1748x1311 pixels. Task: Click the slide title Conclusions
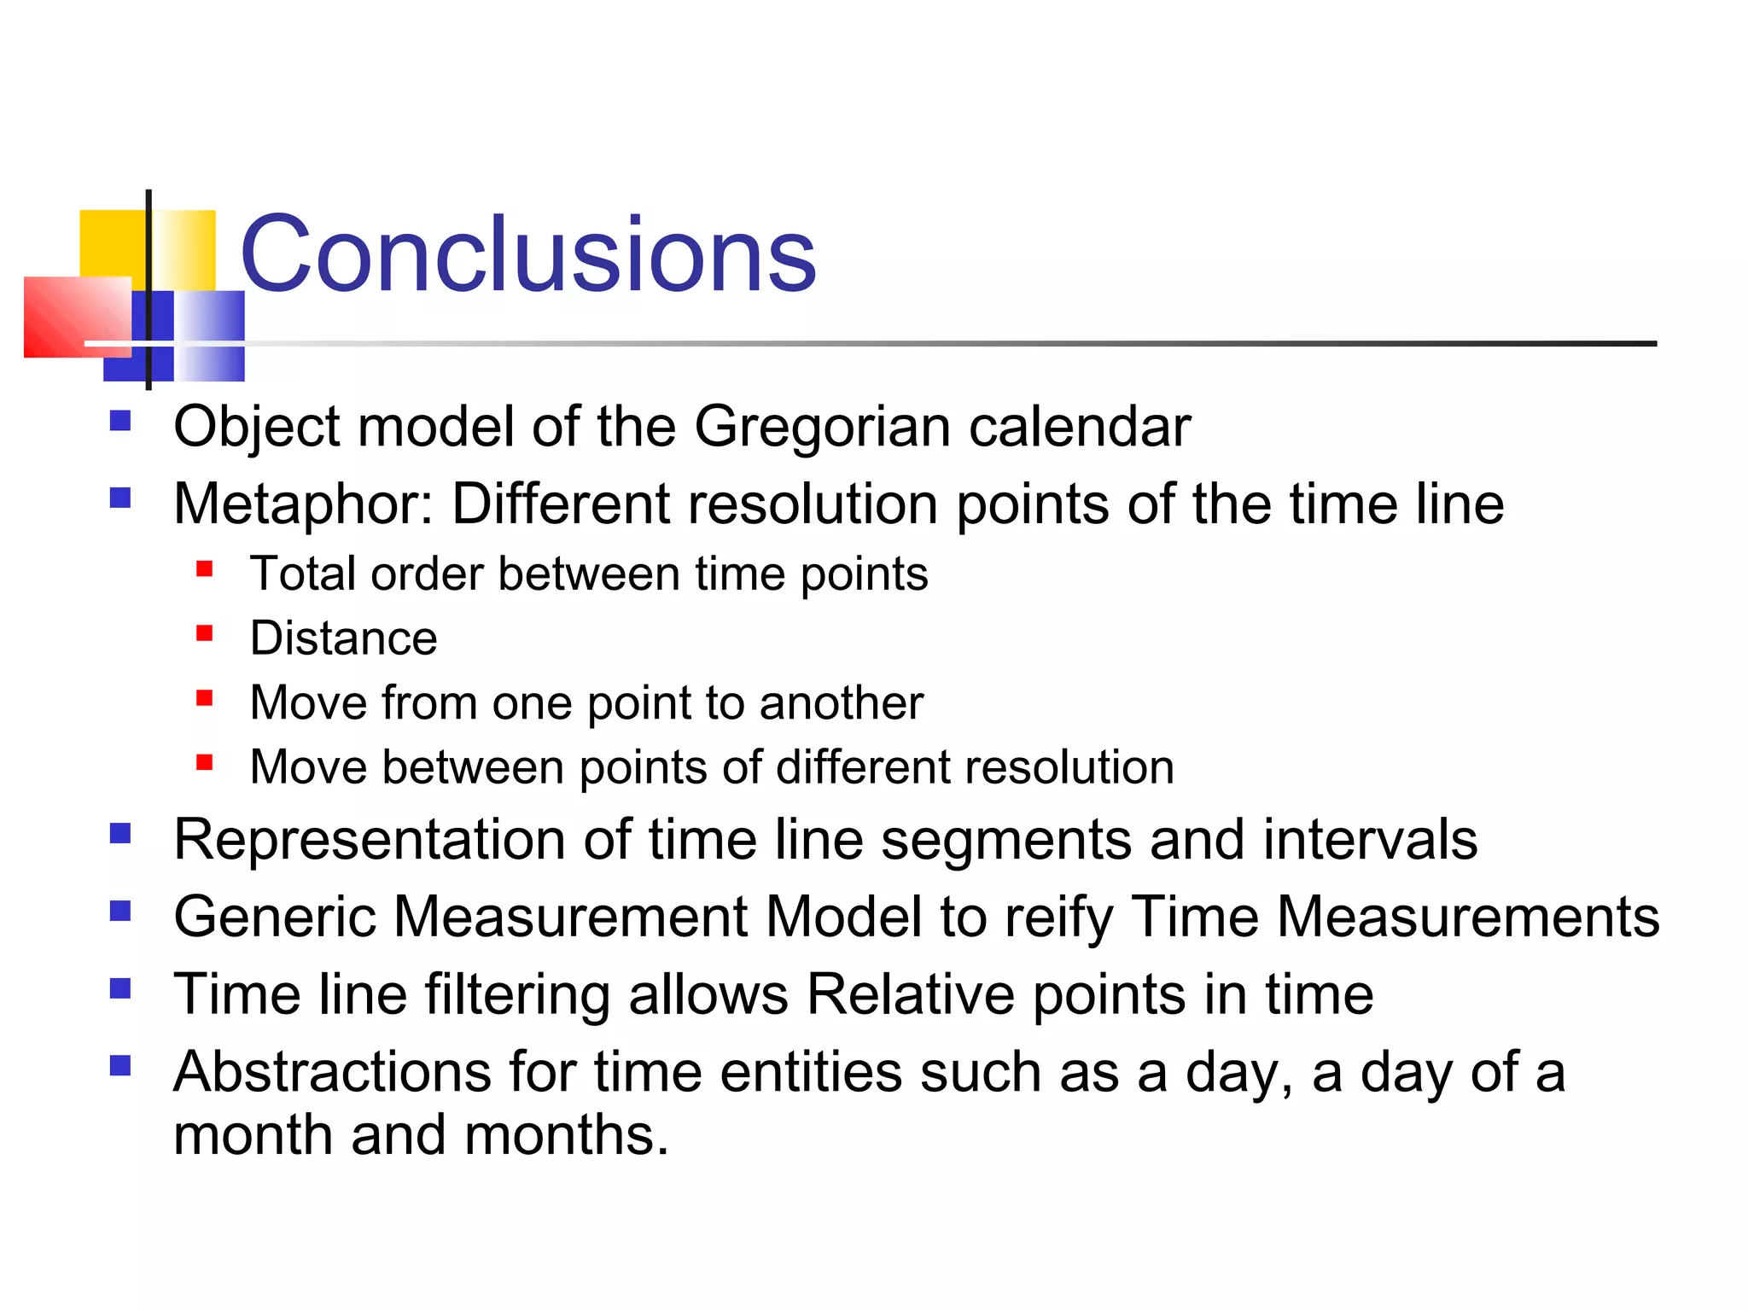[527, 254]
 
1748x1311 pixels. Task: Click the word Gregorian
[822, 427]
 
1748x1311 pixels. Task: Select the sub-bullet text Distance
[343, 638]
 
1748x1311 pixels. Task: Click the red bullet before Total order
[204, 568]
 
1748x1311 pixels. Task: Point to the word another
[841, 703]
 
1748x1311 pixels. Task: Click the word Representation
[369, 840]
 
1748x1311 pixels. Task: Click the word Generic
[274, 918]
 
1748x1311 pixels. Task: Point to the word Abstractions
[331, 1072]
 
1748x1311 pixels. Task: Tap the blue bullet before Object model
[120, 421]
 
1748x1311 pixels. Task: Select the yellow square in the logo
[111, 243]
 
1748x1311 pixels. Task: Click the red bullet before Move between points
[204, 761]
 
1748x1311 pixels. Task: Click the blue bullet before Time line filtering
[120, 988]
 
